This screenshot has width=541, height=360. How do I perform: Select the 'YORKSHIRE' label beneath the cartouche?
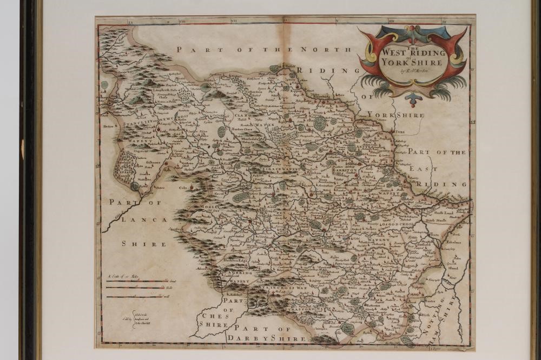pos(395,115)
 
